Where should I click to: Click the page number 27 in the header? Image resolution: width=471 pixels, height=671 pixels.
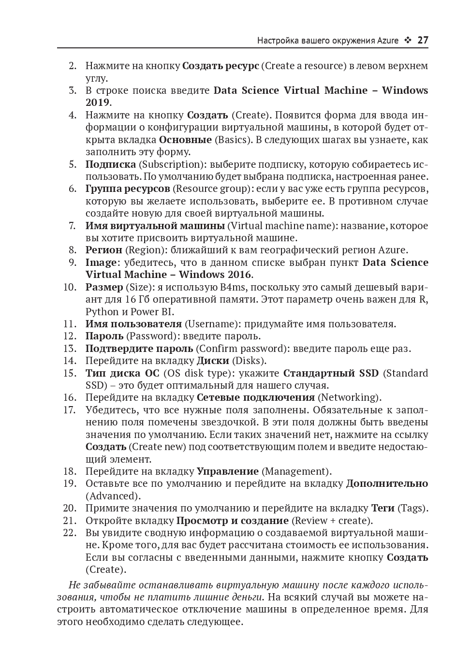coord(423,40)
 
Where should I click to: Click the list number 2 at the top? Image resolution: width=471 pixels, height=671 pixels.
coord(73,66)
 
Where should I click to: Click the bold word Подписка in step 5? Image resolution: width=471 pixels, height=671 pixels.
coord(110,164)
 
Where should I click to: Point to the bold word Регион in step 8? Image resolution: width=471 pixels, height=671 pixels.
coord(103,250)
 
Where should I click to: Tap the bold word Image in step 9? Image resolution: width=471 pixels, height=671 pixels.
coord(101,263)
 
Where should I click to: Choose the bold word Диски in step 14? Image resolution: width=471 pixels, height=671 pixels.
coord(213,361)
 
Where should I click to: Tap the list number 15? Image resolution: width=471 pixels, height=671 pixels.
coord(70,373)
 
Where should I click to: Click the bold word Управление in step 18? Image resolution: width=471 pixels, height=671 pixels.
coord(227,471)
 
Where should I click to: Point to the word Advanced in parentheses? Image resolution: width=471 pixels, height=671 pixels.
coord(113,496)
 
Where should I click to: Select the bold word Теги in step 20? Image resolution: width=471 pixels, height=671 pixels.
coord(383,508)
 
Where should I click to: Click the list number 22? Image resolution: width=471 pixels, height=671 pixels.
coord(70,533)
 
